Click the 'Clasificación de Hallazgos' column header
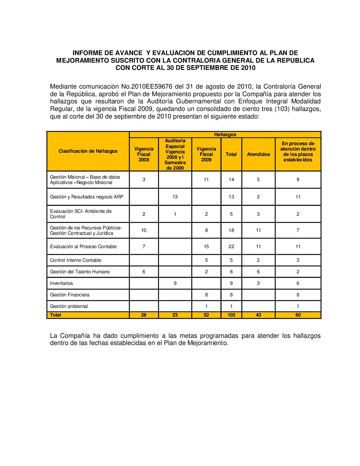[x=88, y=151]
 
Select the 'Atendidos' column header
[x=258, y=154]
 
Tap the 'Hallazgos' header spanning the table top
[x=225, y=135]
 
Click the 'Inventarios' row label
[x=62, y=283]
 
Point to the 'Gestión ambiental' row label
[x=69, y=306]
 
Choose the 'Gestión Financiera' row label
[x=69, y=295]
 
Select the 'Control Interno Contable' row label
[x=76, y=260]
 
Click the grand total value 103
[x=231, y=315]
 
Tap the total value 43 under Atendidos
[x=258, y=315]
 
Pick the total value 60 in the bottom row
[x=298, y=315]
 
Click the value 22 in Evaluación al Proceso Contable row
[x=231, y=247]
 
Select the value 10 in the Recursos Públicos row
[x=144, y=230]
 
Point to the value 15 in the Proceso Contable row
[x=206, y=247]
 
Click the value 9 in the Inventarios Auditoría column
[x=175, y=283]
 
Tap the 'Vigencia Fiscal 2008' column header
[x=144, y=154]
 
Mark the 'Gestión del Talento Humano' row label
[x=80, y=272]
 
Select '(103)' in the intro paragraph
[x=282, y=109]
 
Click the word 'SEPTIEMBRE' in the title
[x=210, y=68]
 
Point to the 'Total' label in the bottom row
[x=55, y=315]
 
